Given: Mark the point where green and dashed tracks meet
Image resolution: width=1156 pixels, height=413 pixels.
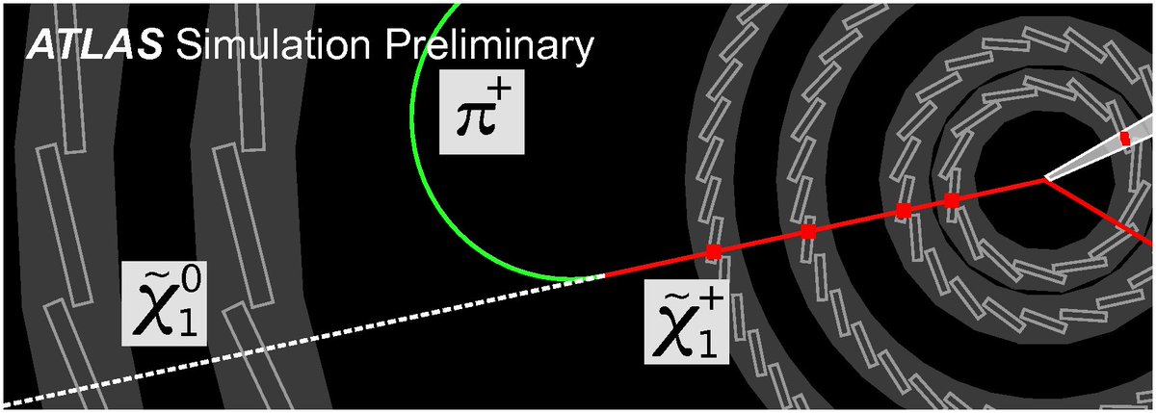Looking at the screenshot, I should tap(602, 276).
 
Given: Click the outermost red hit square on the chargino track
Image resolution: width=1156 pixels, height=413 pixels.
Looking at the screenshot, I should tap(714, 252).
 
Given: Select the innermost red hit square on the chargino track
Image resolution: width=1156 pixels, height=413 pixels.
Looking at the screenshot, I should tap(952, 200).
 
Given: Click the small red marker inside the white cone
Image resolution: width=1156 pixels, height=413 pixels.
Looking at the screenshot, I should tap(1124, 141).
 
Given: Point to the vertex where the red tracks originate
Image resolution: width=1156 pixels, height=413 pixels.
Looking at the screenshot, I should tap(1046, 178).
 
